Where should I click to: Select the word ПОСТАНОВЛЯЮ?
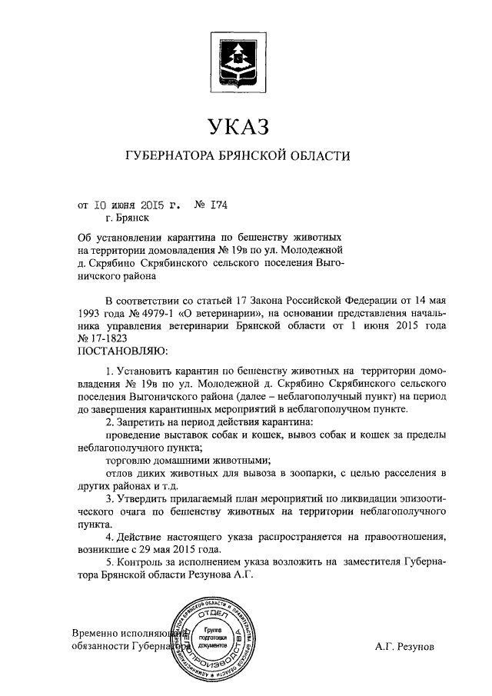[118, 351]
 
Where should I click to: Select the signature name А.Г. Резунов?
[405, 648]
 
